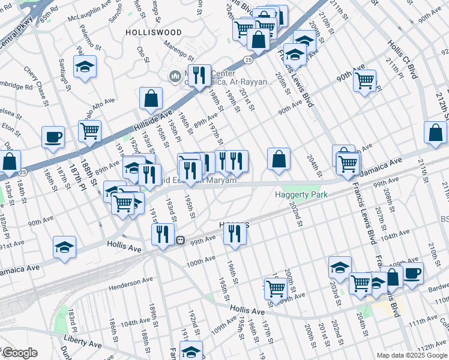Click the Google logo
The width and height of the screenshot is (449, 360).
point(19,353)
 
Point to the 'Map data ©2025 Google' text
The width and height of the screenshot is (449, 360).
point(411,355)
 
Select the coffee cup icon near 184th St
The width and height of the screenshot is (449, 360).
point(53,137)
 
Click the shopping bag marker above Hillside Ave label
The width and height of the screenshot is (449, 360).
point(151,98)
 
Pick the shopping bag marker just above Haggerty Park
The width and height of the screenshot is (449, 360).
point(279,159)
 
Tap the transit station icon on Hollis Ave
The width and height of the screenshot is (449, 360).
point(179,240)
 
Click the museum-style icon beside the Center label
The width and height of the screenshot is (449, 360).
point(175,76)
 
